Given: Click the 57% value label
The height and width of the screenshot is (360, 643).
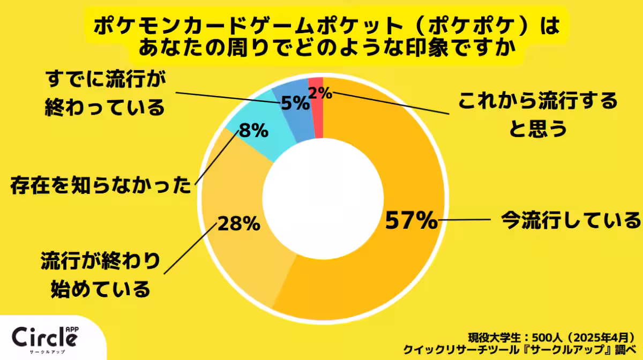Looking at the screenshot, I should click(412, 221).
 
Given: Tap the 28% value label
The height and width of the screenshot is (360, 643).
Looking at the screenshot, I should click(238, 223).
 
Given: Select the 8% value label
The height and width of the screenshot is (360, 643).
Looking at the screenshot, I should click(253, 130).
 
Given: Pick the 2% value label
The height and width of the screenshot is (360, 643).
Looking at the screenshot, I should click(320, 93).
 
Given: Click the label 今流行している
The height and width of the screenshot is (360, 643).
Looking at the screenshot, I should click(570, 220).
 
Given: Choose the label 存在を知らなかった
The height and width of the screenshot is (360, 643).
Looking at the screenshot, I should click(101, 186).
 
